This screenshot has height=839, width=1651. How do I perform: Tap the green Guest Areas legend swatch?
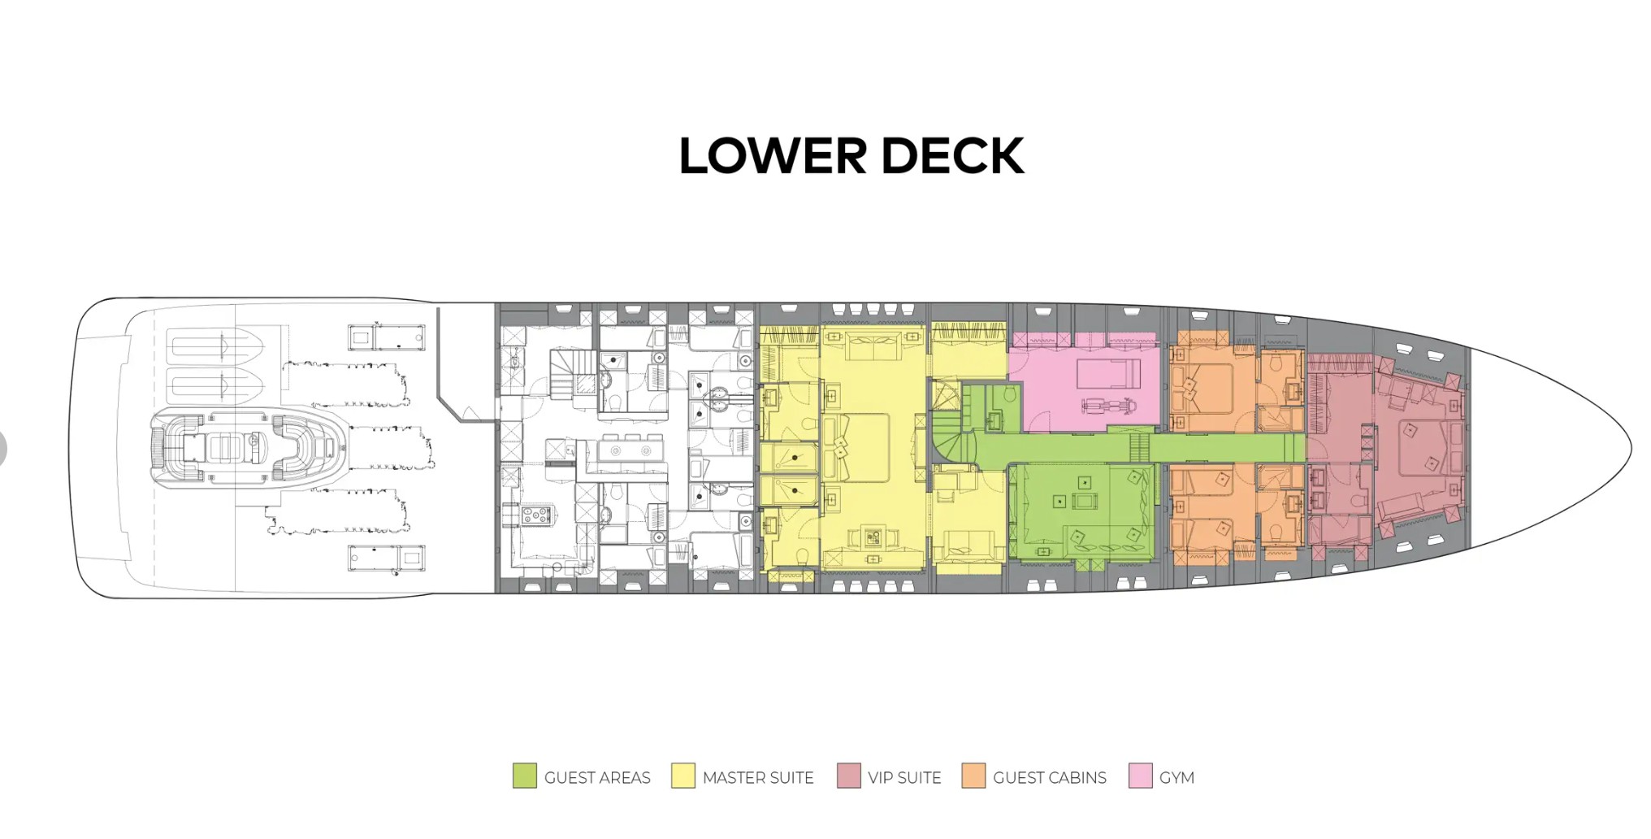click(x=524, y=776)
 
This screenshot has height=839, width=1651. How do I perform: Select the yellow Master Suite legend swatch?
click(x=682, y=776)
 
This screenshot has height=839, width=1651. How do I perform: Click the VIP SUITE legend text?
click(x=903, y=778)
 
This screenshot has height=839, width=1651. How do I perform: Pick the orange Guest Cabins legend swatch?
click(x=973, y=776)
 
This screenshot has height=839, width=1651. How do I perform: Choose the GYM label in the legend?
click(x=1176, y=778)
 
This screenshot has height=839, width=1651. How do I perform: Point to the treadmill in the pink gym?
click(x=1108, y=375)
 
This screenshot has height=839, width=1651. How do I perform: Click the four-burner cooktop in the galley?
click(x=536, y=514)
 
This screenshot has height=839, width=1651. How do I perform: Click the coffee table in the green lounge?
click(x=1085, y=501)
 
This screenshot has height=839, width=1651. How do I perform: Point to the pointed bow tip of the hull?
click(x=1628, y=448)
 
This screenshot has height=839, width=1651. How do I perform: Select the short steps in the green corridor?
click(x=1139, y=447)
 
